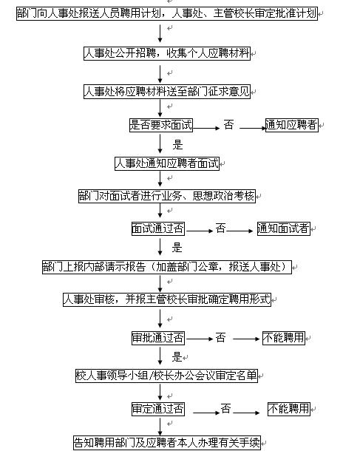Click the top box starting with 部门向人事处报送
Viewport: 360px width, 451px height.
coord(167,14)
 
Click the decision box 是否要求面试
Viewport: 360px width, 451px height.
coord(160,125)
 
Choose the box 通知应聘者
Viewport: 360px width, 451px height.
coord(292,125)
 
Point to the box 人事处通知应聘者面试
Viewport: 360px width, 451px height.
coord(167,163)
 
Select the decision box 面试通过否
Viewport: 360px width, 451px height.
coord(158,228)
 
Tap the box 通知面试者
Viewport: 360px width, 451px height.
coord(283,228)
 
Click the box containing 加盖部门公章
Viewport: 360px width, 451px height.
coord(167,266)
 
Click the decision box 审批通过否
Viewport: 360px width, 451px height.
coord(158,338)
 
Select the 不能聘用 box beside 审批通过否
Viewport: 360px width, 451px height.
coord(284,338)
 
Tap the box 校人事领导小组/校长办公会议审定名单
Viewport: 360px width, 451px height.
coord(167,375)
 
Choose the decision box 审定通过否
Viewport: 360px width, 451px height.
coord(158,408)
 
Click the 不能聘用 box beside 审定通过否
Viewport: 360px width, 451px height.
coord(289,408)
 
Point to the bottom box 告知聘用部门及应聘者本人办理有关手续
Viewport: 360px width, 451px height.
coord(167,443)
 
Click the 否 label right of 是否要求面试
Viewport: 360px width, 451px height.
coord(228,125)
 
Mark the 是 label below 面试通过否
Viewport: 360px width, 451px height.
coord(177,248)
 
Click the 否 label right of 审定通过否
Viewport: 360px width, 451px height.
coord(225,408)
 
